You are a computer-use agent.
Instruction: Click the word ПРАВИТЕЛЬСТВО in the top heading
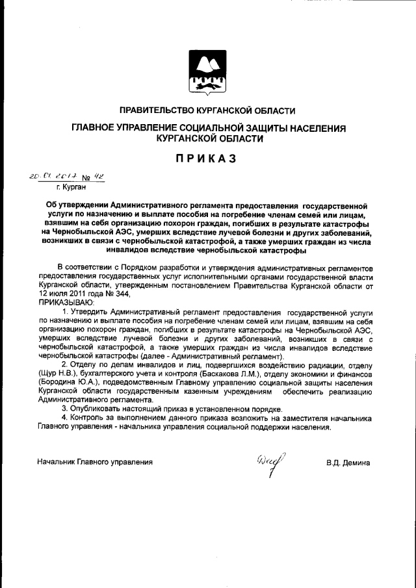pyautogui.click(x=161, y=110)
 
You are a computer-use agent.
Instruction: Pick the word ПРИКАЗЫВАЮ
pyautogui.click(x=67, y=301)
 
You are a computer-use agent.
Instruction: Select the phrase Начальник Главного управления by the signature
pyautogui.click(x=95, y=462)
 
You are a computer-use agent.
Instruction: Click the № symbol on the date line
pyautogui.click(x=86, y=176)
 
